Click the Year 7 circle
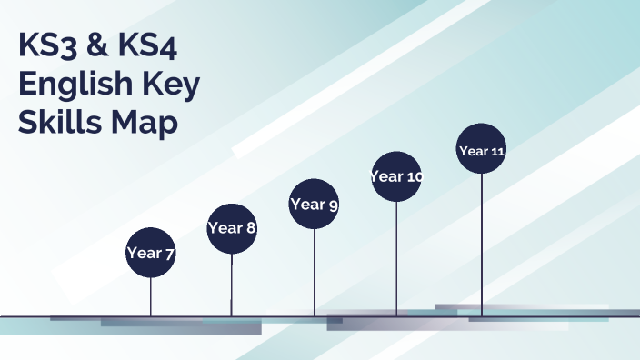150,252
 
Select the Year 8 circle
232,228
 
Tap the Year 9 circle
314,205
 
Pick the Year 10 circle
396,176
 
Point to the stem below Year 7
150,295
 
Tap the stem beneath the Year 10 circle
396,258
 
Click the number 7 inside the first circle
169,253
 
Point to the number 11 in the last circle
496,151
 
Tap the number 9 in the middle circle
334,205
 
